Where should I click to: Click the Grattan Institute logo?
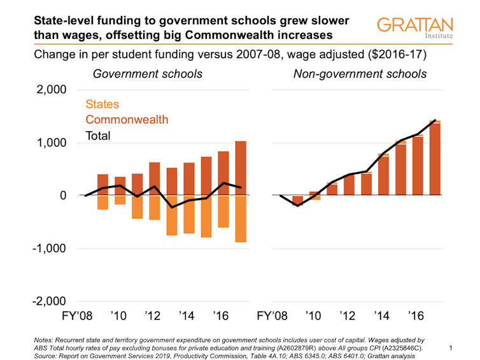click(x=414, y=29)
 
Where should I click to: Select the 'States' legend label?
click(x=102, y=104)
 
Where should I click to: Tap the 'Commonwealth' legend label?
click(x=127, y=120)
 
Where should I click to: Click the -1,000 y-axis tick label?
click(x=50, y=248)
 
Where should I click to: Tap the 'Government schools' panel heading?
click(x=148, y=74)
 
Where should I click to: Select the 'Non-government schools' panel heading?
click(x=360, y=74)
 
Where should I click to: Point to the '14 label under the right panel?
click(x=382, y=316)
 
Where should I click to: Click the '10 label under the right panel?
click(x=313, y=316)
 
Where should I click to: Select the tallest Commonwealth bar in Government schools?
click(x=241, y=168)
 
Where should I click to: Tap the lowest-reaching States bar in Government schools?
click(x=241, y=219)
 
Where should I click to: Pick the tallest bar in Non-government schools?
click(x=435, y=158)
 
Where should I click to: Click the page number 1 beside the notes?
click(x=450, y=348)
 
